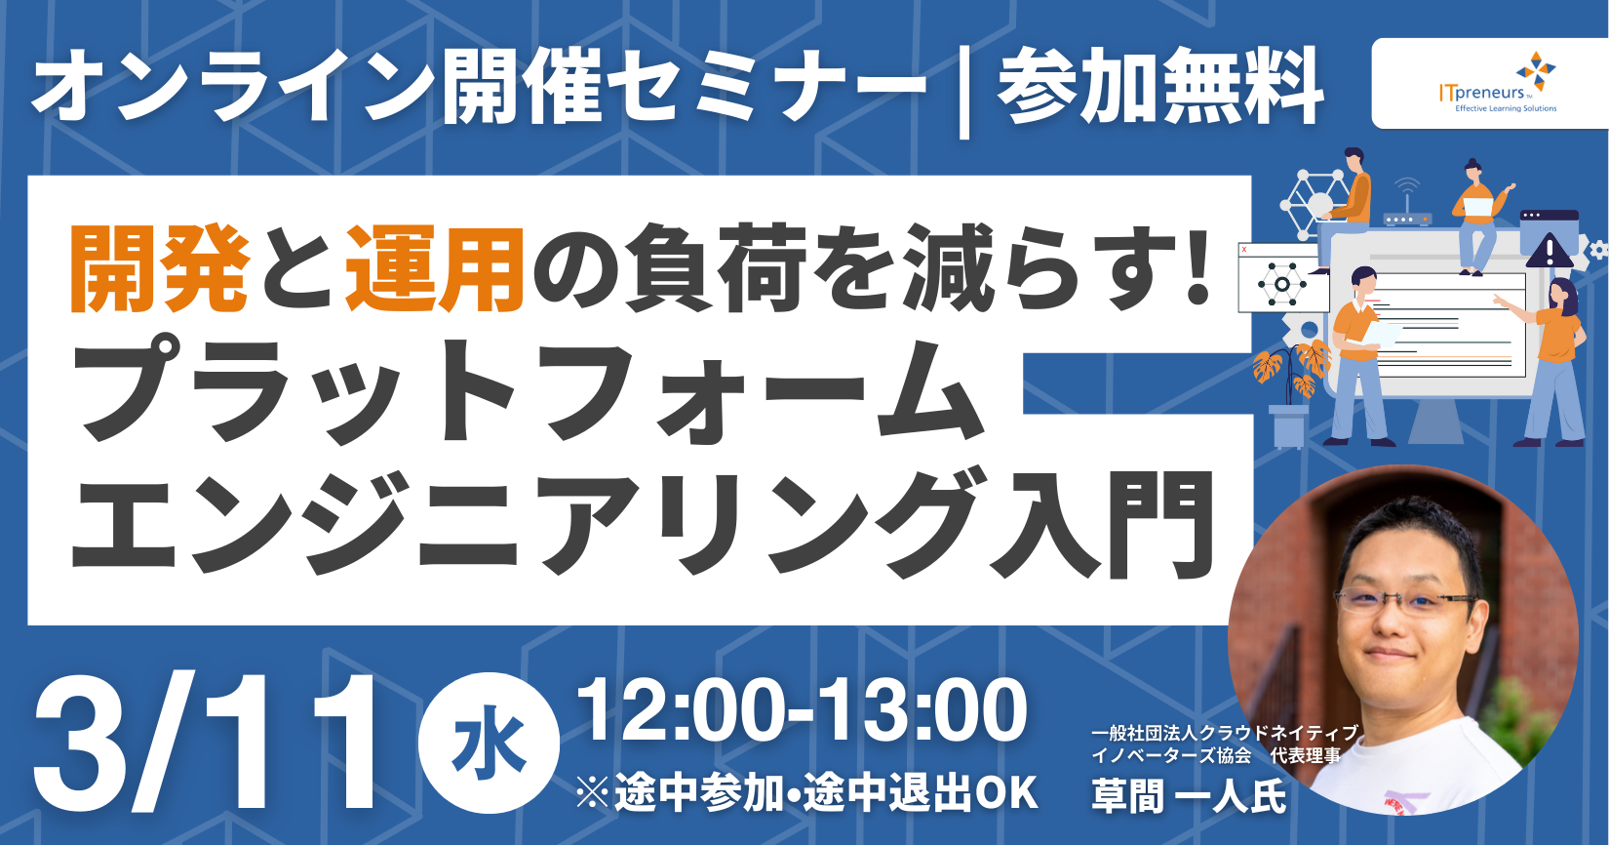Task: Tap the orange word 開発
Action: point(160,268)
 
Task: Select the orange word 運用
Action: point(435,268)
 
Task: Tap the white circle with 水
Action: point(489,743)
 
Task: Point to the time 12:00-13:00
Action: point(802,710)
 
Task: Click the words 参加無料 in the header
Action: point(1159,86)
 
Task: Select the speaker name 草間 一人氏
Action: point(1189,795)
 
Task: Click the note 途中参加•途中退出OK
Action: point(807,792)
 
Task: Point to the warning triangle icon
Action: point(1550,251)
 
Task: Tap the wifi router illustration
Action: point(1407,204)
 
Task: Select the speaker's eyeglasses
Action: point(1405,602)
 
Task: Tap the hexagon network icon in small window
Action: point(1282,285)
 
